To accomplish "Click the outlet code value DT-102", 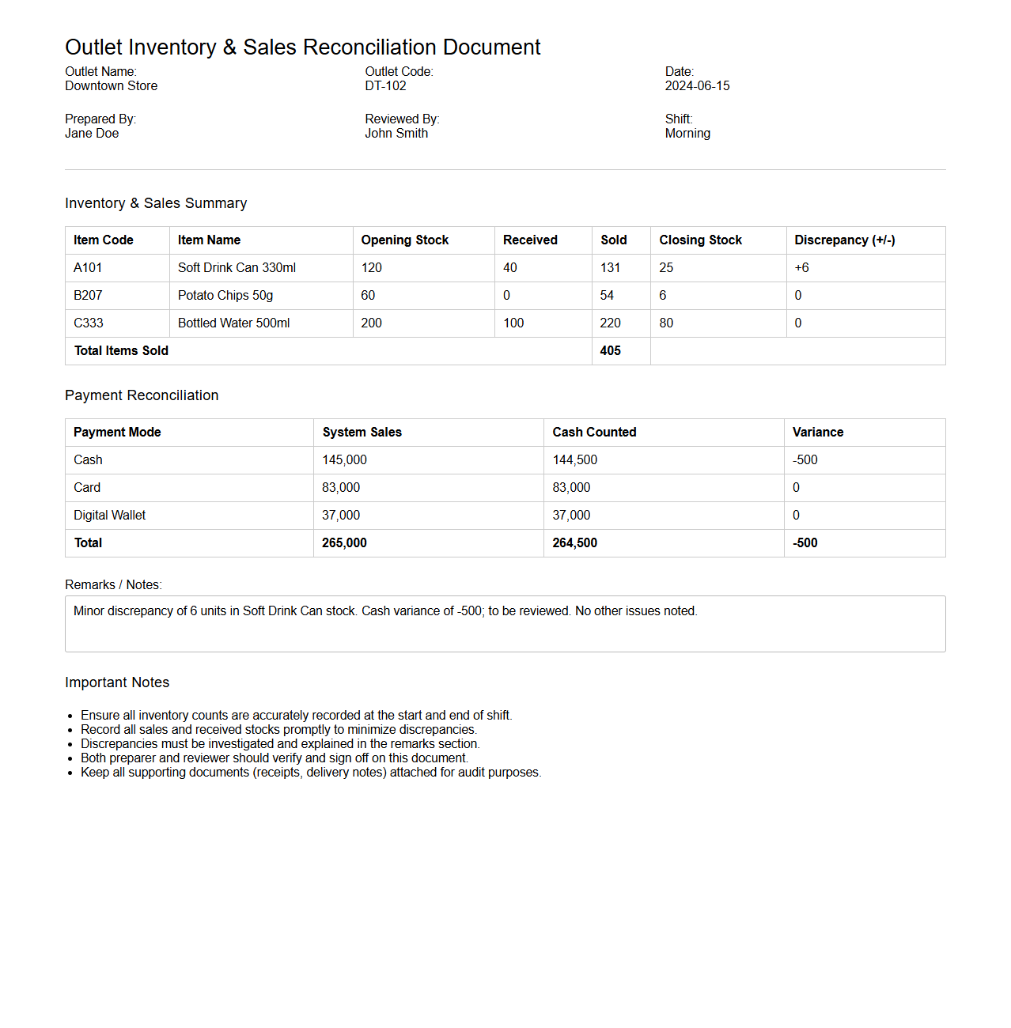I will pos(385,86).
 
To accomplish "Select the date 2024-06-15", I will pos(697,86).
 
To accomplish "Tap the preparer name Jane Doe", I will pos(92,134).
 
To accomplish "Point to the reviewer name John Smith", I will pos(396,134).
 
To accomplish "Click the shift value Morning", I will pos(687,134).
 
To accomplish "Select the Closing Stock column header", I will pos(700,240).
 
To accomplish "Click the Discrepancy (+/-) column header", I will pos(844,240).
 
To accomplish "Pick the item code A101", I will pos(88,268).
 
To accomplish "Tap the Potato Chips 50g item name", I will pos(225,296).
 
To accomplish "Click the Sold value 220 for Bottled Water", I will pos(610,323).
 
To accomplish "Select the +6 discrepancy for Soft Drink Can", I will pos(801,268).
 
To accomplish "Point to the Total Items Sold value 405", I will pos(610,351).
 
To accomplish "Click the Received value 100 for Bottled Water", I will pos(513,323).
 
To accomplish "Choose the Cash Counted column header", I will pos(594,433).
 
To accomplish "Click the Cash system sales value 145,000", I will pos(344,460).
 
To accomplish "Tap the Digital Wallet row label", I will pos(110,516).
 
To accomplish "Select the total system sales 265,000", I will pos(344,543).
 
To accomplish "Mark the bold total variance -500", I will pos(805,543).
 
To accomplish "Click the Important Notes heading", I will pos(117,682).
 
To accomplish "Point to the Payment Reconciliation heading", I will pos(142,395).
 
